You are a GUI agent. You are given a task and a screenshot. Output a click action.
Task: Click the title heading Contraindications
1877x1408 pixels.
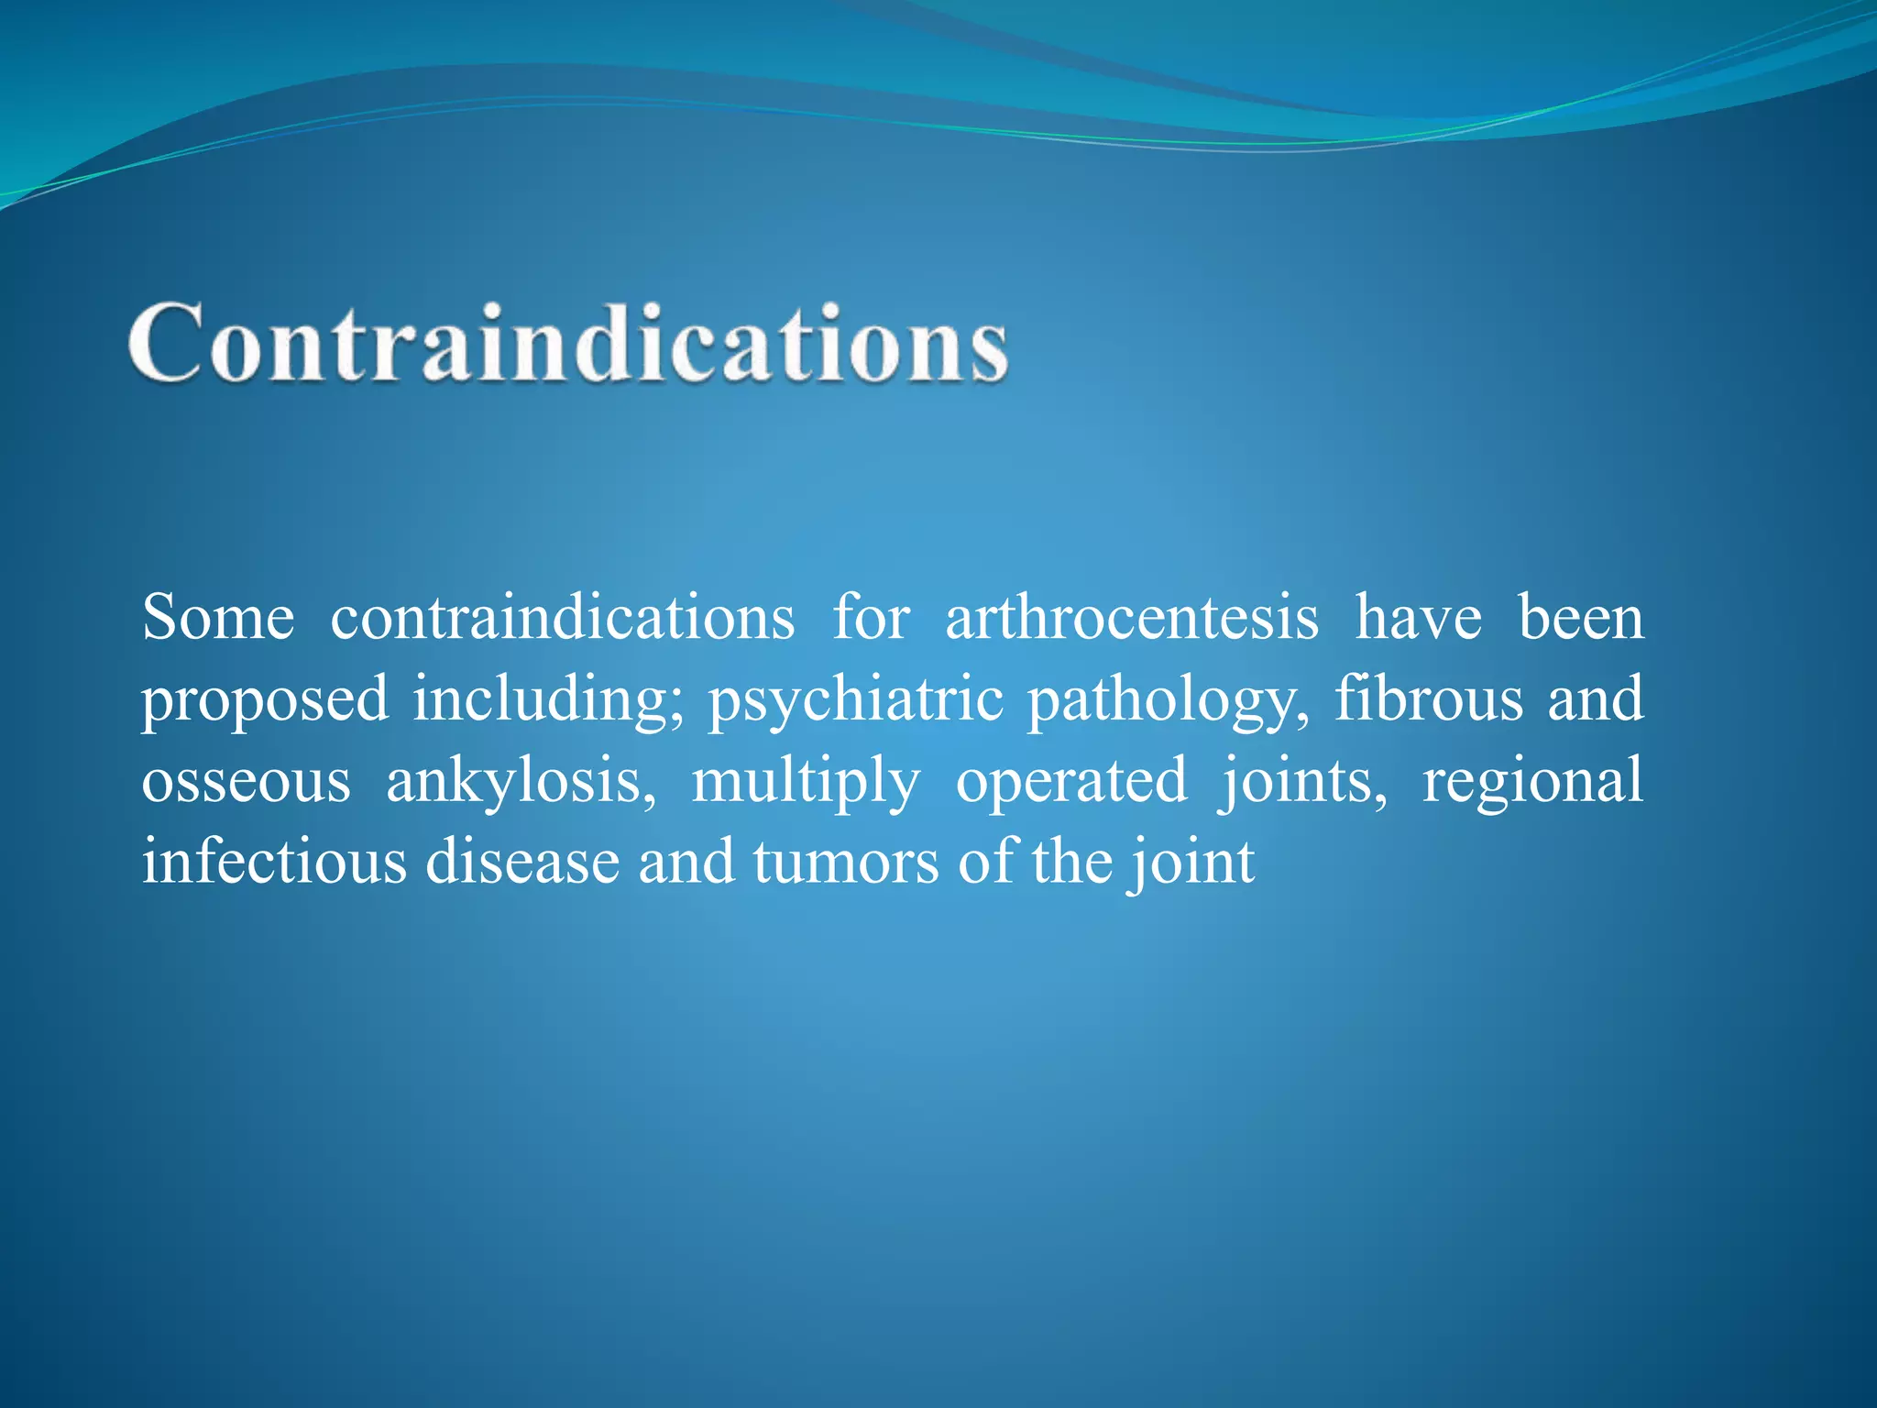click(x=568, y=343)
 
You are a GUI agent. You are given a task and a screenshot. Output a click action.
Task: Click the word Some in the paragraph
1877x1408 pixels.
click(x=218, y=617)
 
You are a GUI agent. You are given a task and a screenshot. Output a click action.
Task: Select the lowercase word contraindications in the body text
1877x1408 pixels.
click(x=562, y=617)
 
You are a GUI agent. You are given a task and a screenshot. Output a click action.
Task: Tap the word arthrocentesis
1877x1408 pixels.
click(x=1132, y=617)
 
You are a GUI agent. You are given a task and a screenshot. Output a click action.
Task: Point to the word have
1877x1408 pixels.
click(x=1418, y=617)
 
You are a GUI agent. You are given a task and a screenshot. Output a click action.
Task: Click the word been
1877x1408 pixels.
click(x=1581, y=617)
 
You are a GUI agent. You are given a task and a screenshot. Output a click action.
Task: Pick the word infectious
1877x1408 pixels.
click(x=274, y=862)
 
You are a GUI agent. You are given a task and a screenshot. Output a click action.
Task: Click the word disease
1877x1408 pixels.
click(x=522, y=862)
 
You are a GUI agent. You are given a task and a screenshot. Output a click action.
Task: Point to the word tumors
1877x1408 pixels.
click(x=846, y=862)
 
